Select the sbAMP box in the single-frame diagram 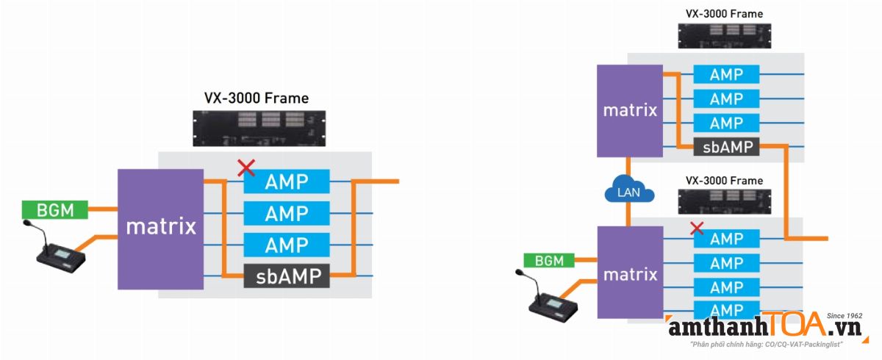287,276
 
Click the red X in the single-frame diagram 246,168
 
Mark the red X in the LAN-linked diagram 697,228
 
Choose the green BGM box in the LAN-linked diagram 549,260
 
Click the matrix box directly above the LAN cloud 630,111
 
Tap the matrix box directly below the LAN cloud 630,274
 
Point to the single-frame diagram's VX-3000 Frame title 257,98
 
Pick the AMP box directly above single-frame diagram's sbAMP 287,245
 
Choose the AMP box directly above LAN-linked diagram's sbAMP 726,123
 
